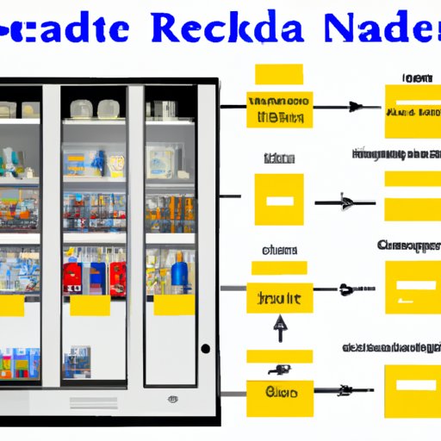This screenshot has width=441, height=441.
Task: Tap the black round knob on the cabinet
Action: (x=205, y=349)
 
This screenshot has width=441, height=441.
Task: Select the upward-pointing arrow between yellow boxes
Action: (x=278, y=328)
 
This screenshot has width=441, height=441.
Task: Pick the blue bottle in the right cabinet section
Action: (x=180, y=271)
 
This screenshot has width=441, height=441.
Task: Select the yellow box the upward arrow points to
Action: (x=278, y=298)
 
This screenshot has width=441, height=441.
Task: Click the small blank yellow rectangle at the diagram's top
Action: (x=278, y=73)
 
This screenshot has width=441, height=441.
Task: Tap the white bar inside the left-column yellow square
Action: (x=278, y=201)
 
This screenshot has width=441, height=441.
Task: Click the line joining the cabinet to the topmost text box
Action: (x=233, y=107)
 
